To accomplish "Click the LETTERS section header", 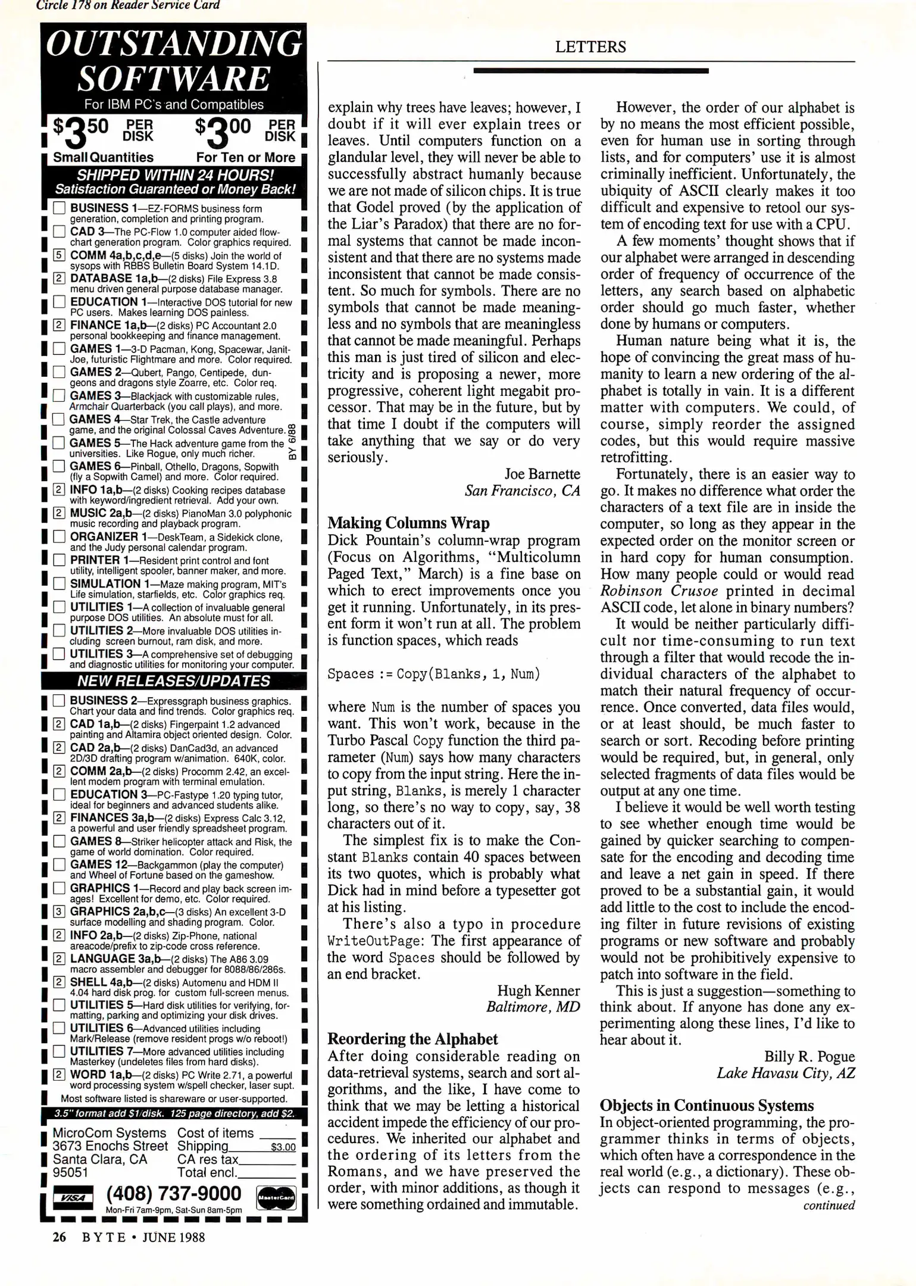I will [590, 47].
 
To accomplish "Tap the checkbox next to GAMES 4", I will [58, 419].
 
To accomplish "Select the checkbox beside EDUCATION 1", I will [59, 302].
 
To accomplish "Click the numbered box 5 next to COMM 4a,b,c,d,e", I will [59, 255].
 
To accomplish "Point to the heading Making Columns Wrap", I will [408, 523].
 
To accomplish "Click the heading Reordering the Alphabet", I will [412, 1039].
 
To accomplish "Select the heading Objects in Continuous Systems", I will [706, 1106].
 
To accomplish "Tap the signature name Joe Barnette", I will [542, 474].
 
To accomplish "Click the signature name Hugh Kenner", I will [538, 991].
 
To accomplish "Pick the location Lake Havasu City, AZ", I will [786, 1073].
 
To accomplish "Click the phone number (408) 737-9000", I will [174, 1194].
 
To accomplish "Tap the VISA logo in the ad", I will [73, 1197].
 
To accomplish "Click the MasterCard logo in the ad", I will [276, 1197].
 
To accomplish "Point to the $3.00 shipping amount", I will [283, 1147].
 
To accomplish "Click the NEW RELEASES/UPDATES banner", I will [174, 681].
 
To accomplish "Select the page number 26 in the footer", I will [59, 1237].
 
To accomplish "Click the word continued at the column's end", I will [829, 1206].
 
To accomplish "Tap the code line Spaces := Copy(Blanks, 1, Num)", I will [433, 674].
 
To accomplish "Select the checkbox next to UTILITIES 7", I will [59, 1051].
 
